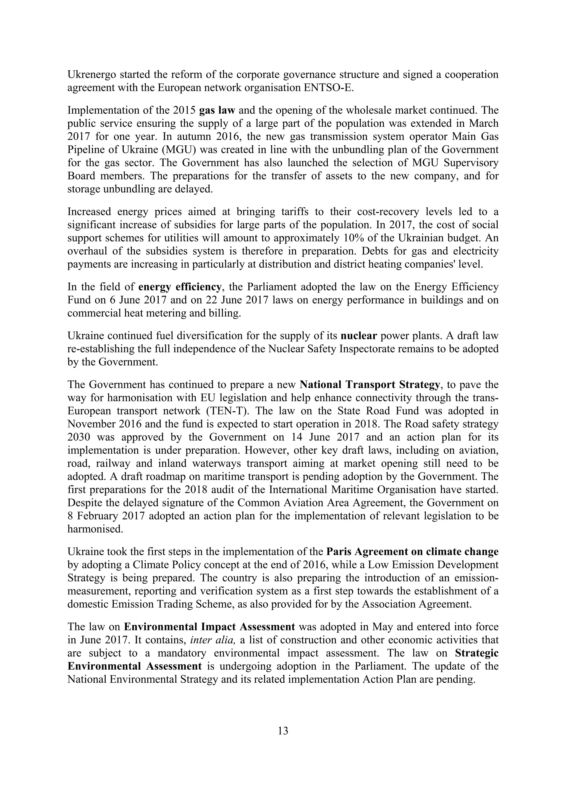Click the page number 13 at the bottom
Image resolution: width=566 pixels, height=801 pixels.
coord(283,730)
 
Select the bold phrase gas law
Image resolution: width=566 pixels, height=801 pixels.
coord(217,110)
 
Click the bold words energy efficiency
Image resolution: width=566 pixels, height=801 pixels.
coord(180,287)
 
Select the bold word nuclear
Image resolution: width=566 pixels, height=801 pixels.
coord(359,336)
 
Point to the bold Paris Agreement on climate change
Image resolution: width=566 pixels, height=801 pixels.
coord(412,552)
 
